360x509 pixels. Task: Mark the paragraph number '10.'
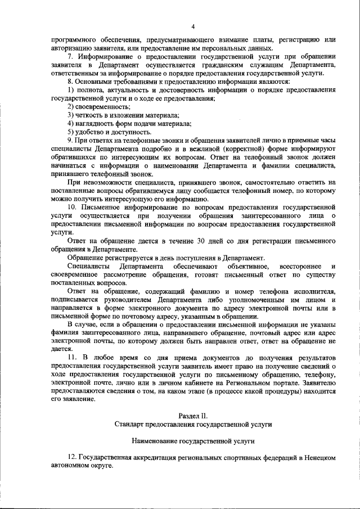72,208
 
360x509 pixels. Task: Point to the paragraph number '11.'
72,358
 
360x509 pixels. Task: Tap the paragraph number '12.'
72,458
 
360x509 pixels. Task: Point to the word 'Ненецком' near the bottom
319,458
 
